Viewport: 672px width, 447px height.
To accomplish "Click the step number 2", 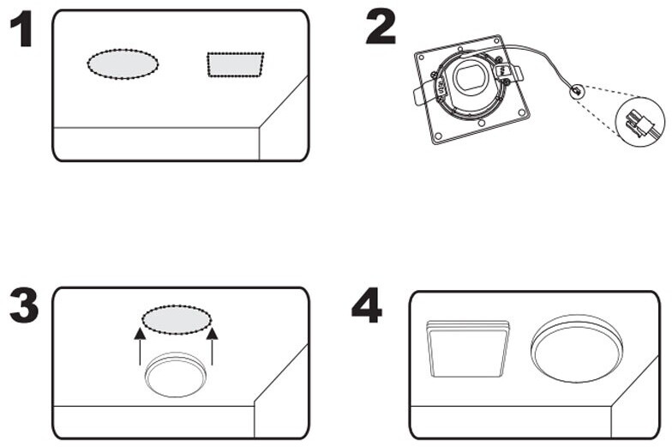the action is coord(380,27).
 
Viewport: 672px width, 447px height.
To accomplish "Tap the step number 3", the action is coord(22,306).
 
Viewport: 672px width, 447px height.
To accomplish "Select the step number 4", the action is coord(366,305).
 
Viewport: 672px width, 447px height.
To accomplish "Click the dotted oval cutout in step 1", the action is coord(123,63).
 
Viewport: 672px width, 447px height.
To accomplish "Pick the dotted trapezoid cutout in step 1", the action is coord(235,64).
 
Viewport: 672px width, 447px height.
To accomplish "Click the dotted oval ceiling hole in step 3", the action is coord(176,319).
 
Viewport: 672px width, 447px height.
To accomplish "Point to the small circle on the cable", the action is coord(577,89).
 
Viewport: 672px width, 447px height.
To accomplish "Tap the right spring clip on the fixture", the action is coord(513,75).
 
